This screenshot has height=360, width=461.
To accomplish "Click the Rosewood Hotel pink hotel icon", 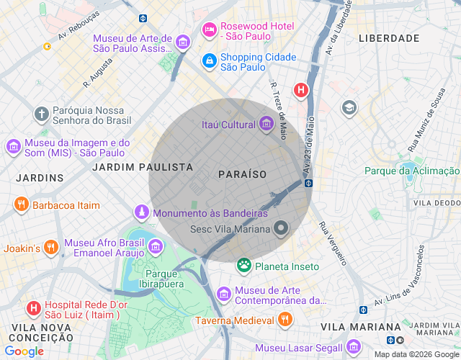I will coord(210,30).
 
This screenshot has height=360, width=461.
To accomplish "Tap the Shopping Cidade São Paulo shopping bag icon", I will coord(210,61).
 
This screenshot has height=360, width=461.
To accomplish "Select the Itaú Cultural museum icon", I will coord(267,125).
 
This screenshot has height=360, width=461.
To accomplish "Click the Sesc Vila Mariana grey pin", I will coord(281,229).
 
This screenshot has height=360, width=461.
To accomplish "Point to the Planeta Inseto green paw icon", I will coord(244,266).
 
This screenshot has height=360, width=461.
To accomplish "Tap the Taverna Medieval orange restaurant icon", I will coord(285,319).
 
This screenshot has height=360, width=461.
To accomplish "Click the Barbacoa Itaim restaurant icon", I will coord(21,204).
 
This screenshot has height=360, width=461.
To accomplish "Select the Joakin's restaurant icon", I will coord(50,248).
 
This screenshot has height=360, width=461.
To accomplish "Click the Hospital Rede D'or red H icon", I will coord(33,309).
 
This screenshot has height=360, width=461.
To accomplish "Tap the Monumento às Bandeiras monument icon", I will coord(142,212).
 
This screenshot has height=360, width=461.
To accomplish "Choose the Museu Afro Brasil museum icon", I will coord(155,248).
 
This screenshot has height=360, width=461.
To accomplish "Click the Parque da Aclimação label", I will coord(411,171).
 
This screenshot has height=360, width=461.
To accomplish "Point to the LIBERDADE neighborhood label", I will coord(388,37).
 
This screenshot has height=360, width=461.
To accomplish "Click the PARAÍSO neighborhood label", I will coord(242,174).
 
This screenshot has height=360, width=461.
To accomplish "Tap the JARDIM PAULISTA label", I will coord(143,166).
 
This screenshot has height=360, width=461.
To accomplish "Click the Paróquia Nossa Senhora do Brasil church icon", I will coord(42,114).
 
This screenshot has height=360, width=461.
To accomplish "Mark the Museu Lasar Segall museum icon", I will coord(353,348).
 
